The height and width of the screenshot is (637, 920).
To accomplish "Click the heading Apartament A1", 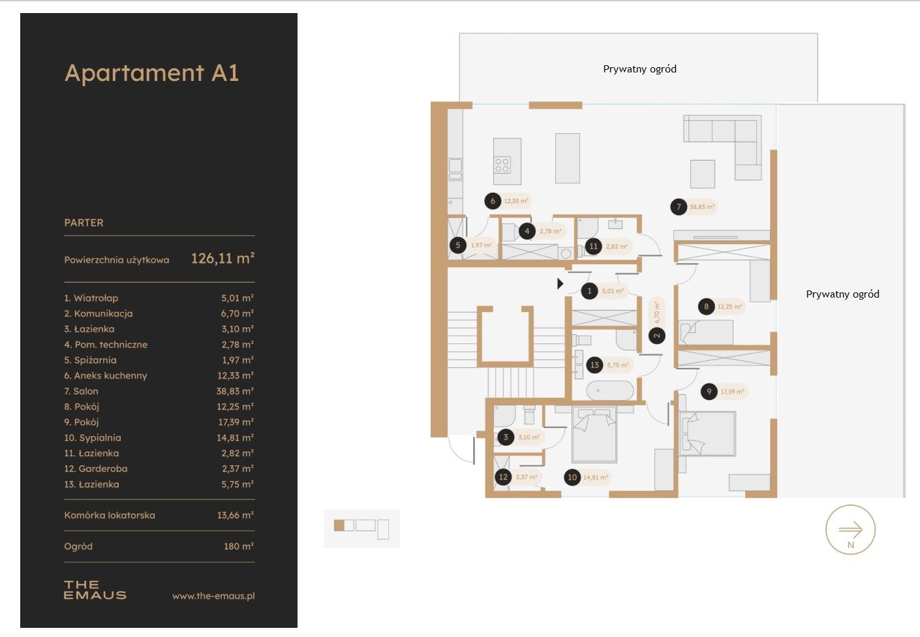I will pyautogui.click(x=152, y=73).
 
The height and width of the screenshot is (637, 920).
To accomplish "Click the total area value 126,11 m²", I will pyautogui.click(x=222, y=258).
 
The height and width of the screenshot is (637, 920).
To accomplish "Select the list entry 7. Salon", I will pyautogui.click(x=81, y=391).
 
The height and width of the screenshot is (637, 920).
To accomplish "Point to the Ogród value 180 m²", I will pyautogui.click(x=238, y=546).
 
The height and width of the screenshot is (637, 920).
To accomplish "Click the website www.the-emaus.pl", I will pyautogui.click(x=213, y=596).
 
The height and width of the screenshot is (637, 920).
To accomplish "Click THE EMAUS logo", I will pyautogui.click(x=95, y=590).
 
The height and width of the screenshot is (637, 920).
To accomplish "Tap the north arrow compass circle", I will pyautogui.click(x=850, y=530).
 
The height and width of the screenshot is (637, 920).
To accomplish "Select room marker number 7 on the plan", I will pyautogui.click(x=679, y=207).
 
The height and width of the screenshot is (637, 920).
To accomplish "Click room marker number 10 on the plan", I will pyautogui.click(x=572, y=477).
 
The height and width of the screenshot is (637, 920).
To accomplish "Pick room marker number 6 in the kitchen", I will pyautogui.click(x=493, y=201).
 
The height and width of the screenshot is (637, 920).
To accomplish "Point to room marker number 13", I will pyautogui.click(x=594, y=365).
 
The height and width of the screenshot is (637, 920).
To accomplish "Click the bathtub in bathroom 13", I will pyautogui.click(x=609, y=391).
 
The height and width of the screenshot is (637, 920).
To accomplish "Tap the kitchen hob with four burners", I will pyautogui.click(x=502, y=164).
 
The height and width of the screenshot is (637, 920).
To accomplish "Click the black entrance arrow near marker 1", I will pyautogui.click(x=560, y=283).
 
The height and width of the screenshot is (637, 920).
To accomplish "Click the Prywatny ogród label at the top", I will pyautogui.click(x=639, y=69).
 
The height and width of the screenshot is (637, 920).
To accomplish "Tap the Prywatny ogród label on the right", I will pyautogui.click(x=842, y=294).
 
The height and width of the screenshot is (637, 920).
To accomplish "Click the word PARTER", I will pyautogui.click(x=84, y=223).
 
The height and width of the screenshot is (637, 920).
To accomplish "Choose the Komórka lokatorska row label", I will pyautogui.click(x=110, y=515).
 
